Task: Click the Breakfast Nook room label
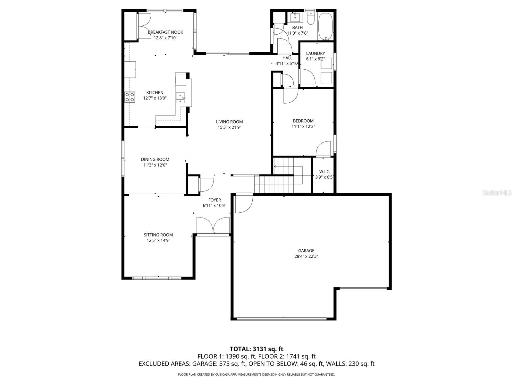point(165,32)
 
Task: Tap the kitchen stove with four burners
point(130,97)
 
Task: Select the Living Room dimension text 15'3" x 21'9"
point(229,127)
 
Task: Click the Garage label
point(306,251)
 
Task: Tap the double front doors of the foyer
point(213,226)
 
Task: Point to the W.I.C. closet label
point(324,172)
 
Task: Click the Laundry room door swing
point(307,77)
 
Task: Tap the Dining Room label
point(155,159)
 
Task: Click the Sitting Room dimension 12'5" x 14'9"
point(157,240)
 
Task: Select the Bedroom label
point(303,121)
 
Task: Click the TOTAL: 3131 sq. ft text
point(256,349)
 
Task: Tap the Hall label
point(287,58)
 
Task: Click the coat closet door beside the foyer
point(206,184)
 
